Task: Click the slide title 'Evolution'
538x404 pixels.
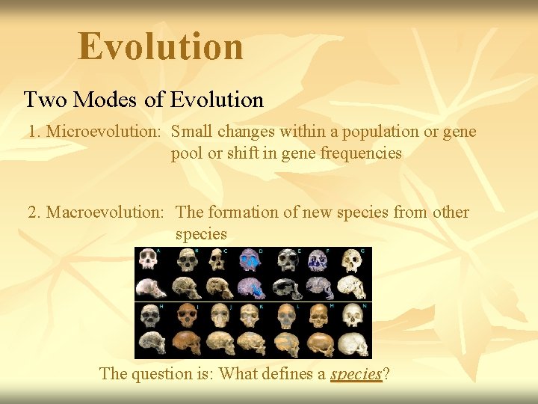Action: [x=161, y=46]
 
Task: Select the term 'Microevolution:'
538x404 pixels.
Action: [x=105, y=132]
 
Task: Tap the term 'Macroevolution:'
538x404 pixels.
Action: [x=105, y=212]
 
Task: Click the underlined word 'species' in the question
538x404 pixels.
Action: [x=356, y=373]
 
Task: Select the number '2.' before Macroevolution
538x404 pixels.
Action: [x=35, y=212]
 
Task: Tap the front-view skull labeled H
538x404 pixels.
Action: [x=150, y=316]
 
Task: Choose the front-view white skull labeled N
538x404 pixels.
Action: [x=353, y=316]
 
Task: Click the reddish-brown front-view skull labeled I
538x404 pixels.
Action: [x=185, y=316]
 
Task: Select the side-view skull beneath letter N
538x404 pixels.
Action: [x=353, y=344]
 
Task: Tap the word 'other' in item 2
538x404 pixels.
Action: [x=451, y=212]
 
